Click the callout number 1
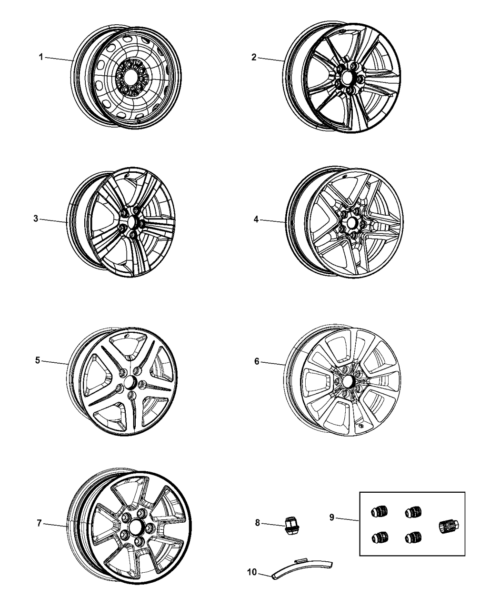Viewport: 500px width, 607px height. tap(41, 57)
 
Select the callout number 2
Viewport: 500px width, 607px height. tap(254, 57)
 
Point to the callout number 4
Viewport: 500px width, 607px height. tap(256, 219)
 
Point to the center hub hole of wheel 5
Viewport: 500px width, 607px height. tap(129, 382)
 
